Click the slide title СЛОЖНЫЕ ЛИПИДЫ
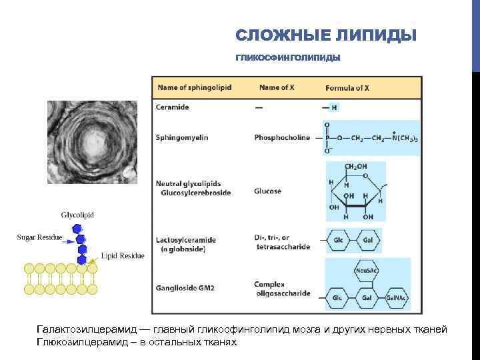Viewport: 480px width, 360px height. pos(326,35)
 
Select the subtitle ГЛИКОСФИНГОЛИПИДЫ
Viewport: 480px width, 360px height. pos(287,58)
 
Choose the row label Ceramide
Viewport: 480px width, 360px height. pos(172,107)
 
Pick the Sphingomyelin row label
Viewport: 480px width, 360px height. pos(182,137)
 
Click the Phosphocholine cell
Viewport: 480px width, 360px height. pos(282,137)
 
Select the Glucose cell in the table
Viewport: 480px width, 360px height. pos(267,191)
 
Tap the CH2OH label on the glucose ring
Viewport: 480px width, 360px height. pos(355,166)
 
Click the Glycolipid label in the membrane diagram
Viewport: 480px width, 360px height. pos(77,215)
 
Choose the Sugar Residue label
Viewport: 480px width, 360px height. pos(39,237)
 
